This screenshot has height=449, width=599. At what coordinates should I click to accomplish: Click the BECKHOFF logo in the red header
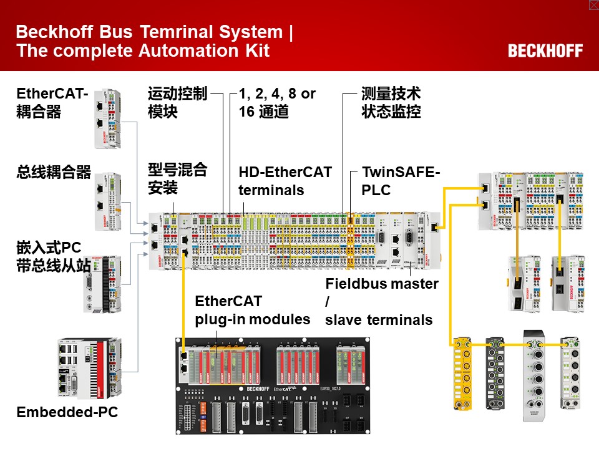545,51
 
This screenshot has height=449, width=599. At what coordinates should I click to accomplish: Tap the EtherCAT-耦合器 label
52,103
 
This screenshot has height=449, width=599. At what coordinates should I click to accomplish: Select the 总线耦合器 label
54,173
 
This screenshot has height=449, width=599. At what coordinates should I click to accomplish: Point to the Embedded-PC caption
67,412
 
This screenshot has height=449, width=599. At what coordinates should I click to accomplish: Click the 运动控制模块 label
177,103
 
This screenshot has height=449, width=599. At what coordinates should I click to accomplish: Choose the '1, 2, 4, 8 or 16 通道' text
277,103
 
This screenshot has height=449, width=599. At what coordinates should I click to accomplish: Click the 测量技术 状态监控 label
391,103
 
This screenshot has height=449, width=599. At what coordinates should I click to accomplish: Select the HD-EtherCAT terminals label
285,180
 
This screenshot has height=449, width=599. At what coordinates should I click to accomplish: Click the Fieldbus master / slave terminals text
381,302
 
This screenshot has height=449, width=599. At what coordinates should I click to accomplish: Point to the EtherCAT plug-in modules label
252,310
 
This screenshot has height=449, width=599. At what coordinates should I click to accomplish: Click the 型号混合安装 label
177,178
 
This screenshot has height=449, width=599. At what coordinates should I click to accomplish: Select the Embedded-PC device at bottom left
89,369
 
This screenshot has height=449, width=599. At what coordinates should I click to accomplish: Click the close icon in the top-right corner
593,5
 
